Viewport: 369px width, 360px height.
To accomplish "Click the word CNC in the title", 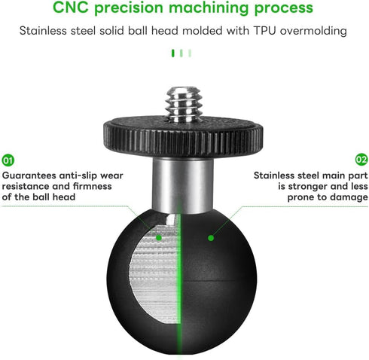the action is click(x=71, y=8).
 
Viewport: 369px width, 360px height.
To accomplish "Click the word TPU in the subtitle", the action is click(x=264, y=31).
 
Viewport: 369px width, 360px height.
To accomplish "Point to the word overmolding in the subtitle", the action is click(x=313, y=31).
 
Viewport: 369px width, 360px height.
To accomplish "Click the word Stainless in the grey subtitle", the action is click(x=43, y=31).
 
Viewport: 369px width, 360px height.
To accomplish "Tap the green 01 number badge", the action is click(x=8, y=160).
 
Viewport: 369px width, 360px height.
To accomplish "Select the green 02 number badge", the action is click(x=361, y=160).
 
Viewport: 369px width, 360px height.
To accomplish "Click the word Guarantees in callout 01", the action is click(x=29, y=175).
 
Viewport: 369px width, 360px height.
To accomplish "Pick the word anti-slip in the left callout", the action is click(x=78, y=175).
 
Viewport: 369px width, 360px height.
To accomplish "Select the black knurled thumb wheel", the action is click(x=183, y=137).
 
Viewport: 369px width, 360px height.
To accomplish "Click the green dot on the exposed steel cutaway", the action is click(x=159, y=237).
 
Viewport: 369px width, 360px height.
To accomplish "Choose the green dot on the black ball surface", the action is click(x=211, y=238).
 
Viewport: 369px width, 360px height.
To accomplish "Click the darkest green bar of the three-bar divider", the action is click(x=172, y=53).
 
